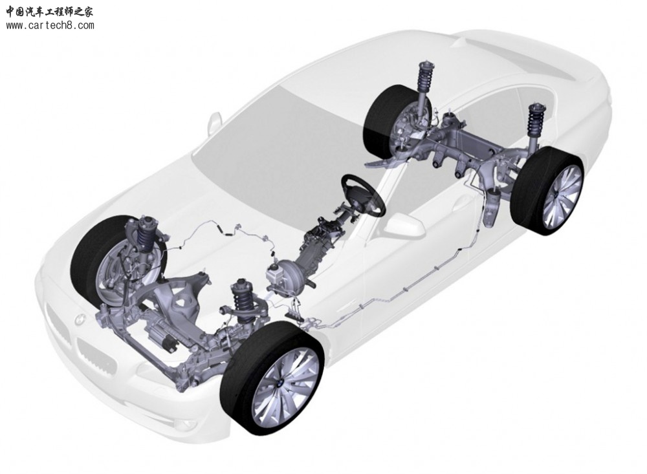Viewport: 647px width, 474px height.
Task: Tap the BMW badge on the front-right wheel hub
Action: (280, 384)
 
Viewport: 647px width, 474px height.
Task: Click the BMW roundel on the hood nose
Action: (78, 319)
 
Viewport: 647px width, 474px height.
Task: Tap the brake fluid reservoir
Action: (273, 274)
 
